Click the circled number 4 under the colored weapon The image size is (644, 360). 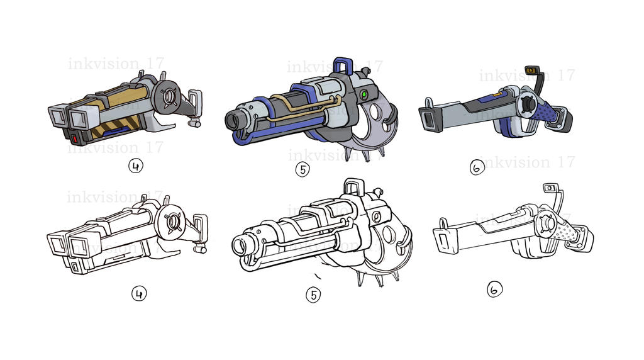click(136, 167)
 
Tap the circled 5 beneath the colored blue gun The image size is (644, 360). click(303, 169)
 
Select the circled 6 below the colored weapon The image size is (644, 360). click(477, 168)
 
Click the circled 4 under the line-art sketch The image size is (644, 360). click(138, 293)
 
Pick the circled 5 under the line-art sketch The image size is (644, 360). click(313, 295)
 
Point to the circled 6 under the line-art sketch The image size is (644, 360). click(495, 290)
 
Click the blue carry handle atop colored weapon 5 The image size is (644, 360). click(343, 65)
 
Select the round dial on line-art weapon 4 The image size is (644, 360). click(174, 221)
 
